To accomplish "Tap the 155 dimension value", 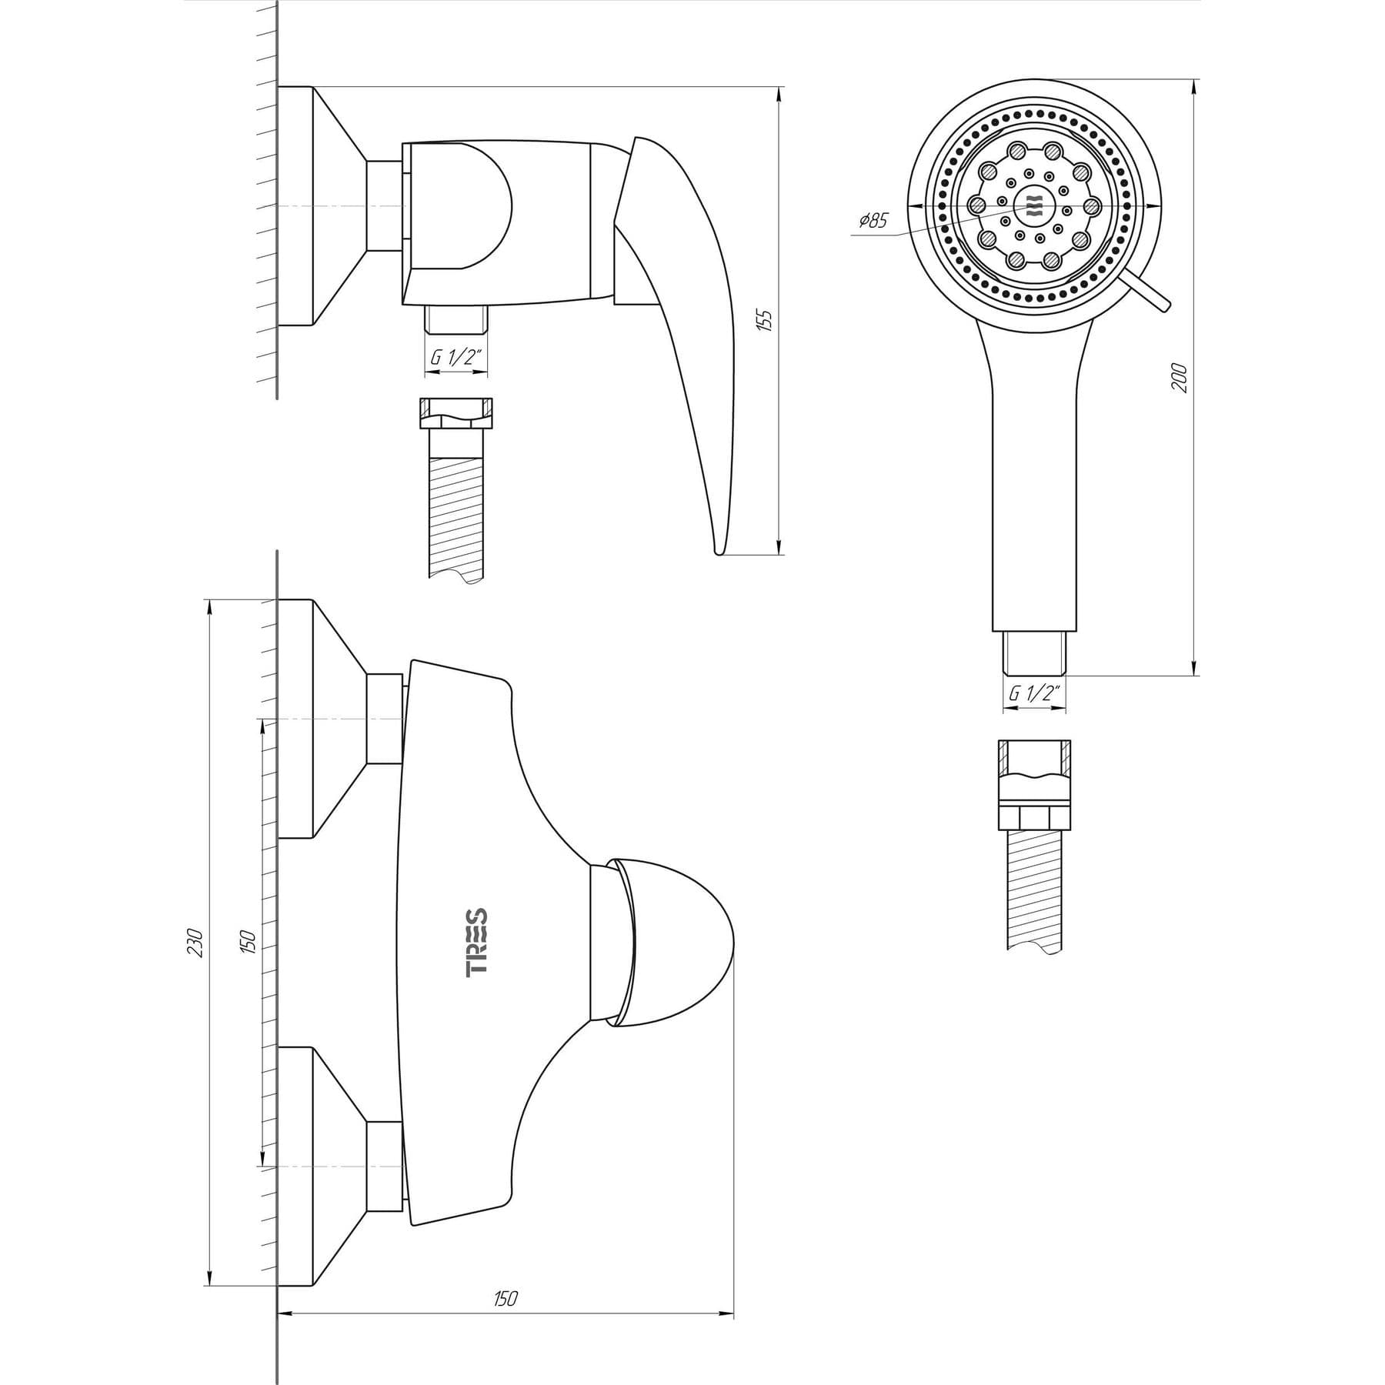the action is (764, 319).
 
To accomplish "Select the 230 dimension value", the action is (195, 943).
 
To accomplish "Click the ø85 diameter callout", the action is (873, 221).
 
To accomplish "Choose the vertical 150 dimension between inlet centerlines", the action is (247, 943).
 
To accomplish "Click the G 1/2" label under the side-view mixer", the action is (456, 358).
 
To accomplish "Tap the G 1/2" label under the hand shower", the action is (1035, 692).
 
